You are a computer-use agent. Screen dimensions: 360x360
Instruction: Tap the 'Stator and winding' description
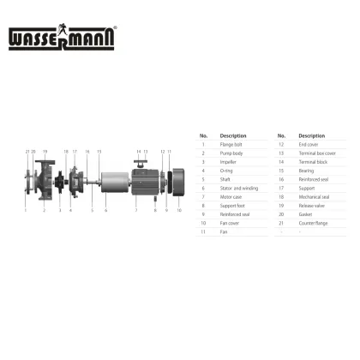[x=239, y=188]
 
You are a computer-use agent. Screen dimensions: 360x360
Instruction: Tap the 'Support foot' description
[x=231, y=206]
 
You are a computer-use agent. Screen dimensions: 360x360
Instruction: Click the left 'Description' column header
[x=232, y=135]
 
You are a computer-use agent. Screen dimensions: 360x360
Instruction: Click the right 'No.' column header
[x=281, y=135]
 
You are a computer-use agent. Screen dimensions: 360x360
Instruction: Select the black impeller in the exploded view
[x=61, y=183]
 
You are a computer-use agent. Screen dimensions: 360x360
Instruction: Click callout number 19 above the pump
[x=45, y=152]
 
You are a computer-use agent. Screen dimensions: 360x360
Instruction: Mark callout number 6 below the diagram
[x=105, y=209]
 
